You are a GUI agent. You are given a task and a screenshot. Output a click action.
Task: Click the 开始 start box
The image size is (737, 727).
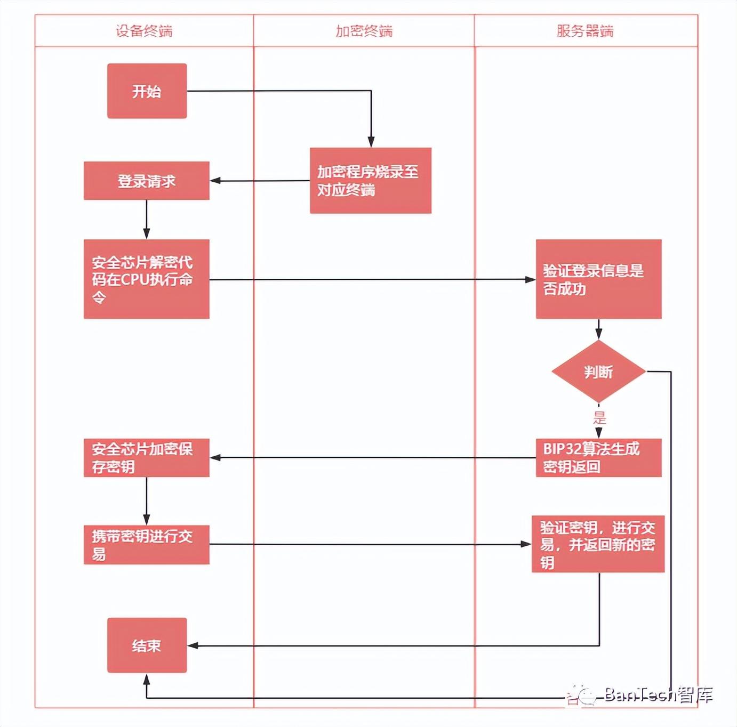click(x=147, y=91)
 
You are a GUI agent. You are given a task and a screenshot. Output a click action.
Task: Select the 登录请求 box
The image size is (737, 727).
click(x=147, y=181)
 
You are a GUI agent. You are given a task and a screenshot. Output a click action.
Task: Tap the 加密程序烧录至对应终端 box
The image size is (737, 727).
click(x=370, y=181)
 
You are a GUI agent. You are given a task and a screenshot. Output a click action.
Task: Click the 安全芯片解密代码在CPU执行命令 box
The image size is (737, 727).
click(x=147, y=279)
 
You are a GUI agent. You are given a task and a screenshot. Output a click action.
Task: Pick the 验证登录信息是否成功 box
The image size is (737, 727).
click(x=598, y=279)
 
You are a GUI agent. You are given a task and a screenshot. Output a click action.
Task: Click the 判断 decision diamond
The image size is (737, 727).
click(x=598, y=371)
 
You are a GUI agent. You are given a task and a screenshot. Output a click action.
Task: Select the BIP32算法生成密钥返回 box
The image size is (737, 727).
click(x=598, y=457)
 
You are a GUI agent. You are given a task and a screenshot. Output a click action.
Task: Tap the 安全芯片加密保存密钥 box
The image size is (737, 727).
click(x=147, y=457)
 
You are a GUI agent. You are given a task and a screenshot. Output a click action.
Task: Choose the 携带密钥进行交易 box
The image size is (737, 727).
click(x=147, y=544)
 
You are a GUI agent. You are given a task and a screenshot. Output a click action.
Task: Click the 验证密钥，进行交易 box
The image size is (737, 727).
click(x=598, y=544)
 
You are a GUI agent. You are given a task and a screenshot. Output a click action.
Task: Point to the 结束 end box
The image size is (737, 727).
click(x=147, y=645)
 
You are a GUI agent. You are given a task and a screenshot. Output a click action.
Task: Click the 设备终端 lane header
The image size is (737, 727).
click(x=144, y=31)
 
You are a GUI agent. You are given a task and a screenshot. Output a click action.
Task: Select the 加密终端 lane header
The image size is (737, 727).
click(x=364, y=31)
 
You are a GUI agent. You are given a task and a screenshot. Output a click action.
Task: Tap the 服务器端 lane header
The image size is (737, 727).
click(x=585, y=31)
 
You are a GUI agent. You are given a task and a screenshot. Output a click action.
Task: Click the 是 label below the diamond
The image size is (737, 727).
click(x=599, y=418)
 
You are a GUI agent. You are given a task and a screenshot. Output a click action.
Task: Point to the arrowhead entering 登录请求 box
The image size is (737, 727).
click(x=215, y=181)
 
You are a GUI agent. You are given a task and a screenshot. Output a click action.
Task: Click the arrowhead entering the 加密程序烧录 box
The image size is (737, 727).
click(x=371, y=142)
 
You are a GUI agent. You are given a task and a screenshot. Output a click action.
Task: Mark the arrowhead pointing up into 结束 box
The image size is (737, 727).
click(x=147, y=678)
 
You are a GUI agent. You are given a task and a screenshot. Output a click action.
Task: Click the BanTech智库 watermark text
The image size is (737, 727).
click(x=659, y=694)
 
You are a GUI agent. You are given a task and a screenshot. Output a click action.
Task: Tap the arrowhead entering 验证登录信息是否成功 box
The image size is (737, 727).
click(x=530, y=279)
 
